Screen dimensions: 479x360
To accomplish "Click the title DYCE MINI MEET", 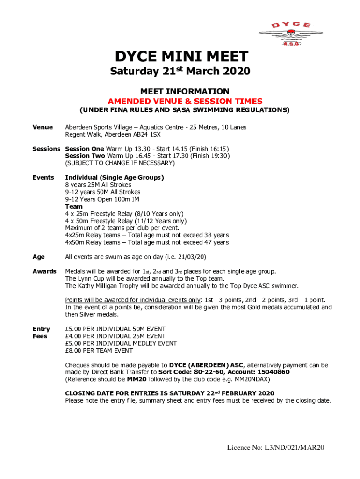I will [181, 57].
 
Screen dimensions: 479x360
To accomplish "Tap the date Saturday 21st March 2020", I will [180, 72].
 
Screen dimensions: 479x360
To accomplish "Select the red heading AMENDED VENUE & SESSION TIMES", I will [185, 101].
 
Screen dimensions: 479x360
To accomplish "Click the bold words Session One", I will [84, 149].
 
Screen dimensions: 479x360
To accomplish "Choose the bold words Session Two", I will [85, 156].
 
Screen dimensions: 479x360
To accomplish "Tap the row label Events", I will [43, 178].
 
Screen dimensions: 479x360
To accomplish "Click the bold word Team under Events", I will [74, 206].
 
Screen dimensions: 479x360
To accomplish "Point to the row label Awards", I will [44, 271].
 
